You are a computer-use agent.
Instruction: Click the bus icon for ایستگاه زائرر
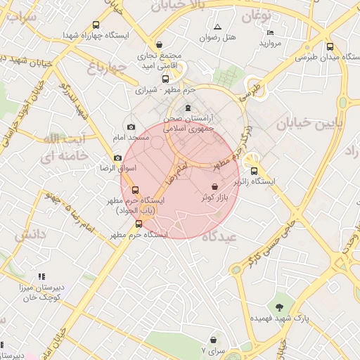(x=254, y=170)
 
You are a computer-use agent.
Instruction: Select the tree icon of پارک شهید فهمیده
(x=280, y=307)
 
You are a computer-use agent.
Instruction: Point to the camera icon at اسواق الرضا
(x=117, y=157)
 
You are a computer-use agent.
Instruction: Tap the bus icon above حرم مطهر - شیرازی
(x=165, y=79)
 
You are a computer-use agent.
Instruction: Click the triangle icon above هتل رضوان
(x=217, y=27)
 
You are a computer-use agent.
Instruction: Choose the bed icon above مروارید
(x=271, y=32)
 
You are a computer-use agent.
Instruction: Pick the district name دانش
(x=30, y=233)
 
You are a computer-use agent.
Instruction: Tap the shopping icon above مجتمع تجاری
(x=160, y=44)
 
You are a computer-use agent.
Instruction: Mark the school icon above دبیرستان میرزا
(x=41, y=276)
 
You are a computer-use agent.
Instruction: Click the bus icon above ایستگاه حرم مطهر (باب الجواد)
(x=135, y=189)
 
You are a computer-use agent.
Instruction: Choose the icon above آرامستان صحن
(x=187, y=108)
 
